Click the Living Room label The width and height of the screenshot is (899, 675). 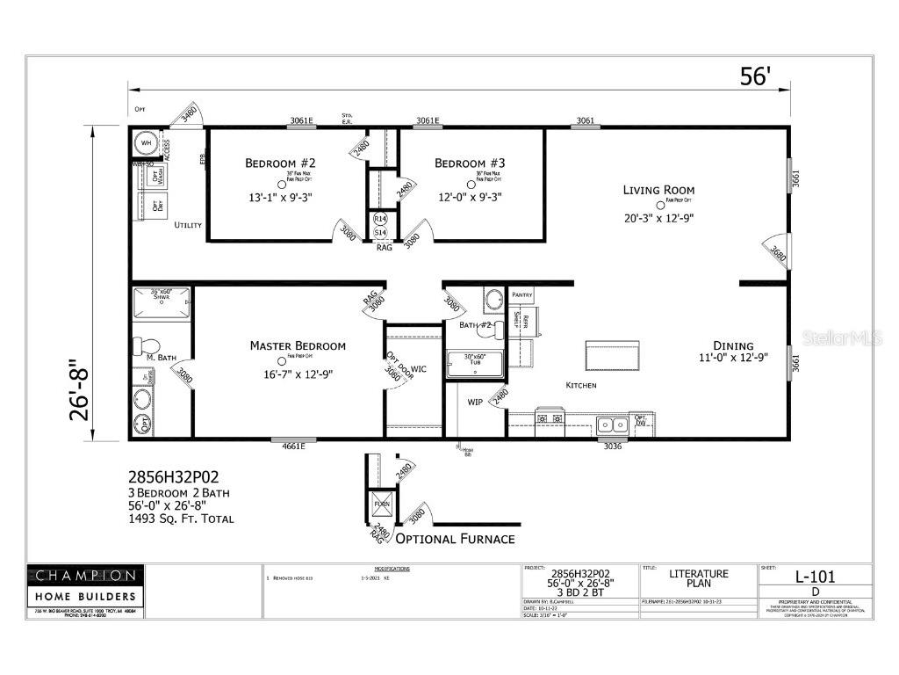[x=658, y=190]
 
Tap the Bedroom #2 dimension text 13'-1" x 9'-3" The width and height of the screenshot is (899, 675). [x=280, y=197]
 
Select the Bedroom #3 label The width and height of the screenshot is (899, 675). [x=470, y=163]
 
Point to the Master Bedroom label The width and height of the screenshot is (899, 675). [x=298, y=345]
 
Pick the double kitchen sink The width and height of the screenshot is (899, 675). [x=611, y=425]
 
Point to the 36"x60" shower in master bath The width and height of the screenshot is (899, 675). [x=161, y=304]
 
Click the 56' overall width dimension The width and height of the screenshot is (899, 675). [x=753, y=76]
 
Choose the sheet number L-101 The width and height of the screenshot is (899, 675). [x=815, y=577]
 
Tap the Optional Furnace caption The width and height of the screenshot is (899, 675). [x=455, y=538]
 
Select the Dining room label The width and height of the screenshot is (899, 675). [x=732, y=345]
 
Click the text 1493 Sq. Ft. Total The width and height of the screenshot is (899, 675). [x=181, y=519]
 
